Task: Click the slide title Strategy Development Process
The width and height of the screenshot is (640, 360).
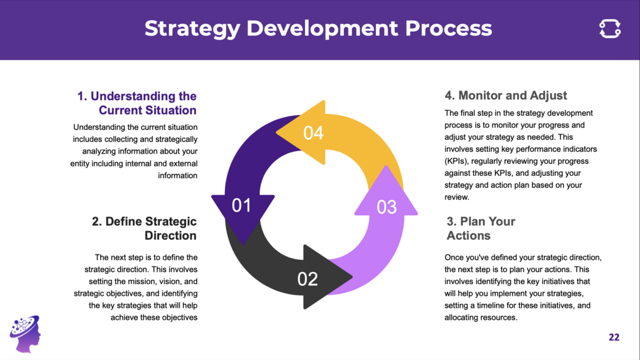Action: pos(318,29)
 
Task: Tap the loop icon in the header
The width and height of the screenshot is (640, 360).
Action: pos(610,29)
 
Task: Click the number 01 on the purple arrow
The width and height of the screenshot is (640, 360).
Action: pos(241,205)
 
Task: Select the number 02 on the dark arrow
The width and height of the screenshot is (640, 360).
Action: pos(308,279)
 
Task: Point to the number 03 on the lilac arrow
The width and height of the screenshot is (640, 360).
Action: pos(387,207)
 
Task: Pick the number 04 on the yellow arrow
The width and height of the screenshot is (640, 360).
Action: pos(313,133)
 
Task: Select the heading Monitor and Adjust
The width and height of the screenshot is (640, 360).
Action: pos(506,96)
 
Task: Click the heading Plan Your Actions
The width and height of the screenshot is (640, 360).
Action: pos(481,228)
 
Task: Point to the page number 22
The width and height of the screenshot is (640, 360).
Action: pos(614,337)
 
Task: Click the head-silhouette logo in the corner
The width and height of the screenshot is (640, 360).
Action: pos(25,333)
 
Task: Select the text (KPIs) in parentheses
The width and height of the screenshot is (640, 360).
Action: pos(457,161)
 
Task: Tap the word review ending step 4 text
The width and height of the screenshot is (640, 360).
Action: pos(457,197)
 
